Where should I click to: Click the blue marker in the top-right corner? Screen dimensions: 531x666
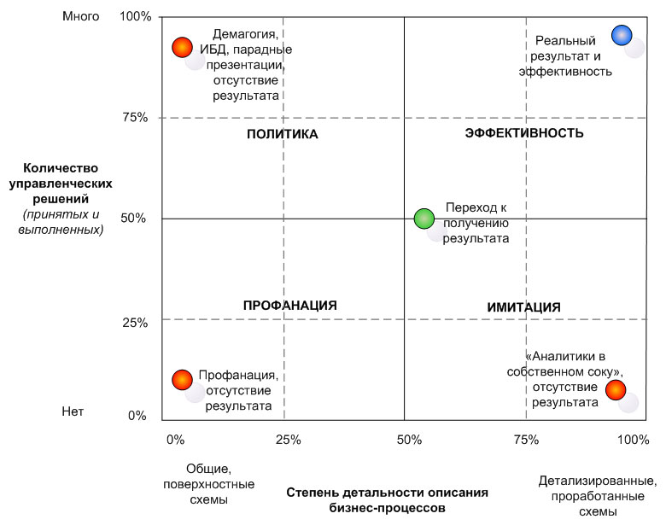pyautogui.click(x=622, y=35)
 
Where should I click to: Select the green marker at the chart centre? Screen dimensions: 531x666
pyautogui.click(x=424, y=219)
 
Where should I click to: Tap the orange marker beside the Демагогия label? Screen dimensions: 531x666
pyautogui.click(x=181, y=48)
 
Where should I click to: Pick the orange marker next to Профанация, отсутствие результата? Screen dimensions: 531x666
pyautogui.click(x=181, y=379)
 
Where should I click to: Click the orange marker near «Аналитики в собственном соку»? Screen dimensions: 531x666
pyautogui.click(x=616, y=389)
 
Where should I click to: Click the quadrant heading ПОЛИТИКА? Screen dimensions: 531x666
pyautogui.click(x=283, y=134)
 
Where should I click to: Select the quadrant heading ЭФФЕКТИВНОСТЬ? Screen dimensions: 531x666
pyautogui.click(x=524, y=133)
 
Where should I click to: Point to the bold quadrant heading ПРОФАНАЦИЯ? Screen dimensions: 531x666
pyautogui.click(x=290, y=306)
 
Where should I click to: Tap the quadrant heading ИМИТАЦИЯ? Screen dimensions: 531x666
pyautogui.click(x=523, y=307)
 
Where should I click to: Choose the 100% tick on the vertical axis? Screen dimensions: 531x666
pyautogui.click(x=135, y=16)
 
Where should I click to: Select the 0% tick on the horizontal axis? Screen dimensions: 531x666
pyautogui.click(x=174, y=440)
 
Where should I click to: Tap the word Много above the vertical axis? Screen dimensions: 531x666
pyautogui.click(x=81, y=16)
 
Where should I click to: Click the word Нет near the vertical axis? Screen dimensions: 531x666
pyautogui.click(x=73, y=411)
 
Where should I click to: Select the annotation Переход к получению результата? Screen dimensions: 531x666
pyautogui.click(x=476, y=224)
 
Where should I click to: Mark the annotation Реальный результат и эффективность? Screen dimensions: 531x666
pyautogui.click(x=566, y=55)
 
